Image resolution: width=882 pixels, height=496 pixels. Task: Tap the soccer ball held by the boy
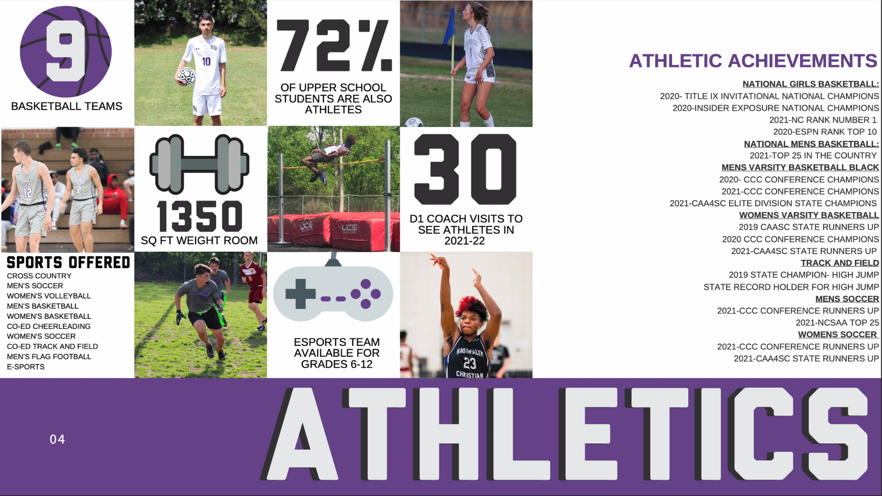[x=187, y=75]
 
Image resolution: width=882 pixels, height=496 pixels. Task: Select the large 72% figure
[x=334, y=45]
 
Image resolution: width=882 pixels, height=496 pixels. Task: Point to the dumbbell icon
[x=199, y=164]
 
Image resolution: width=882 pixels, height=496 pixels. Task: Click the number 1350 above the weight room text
[x=199, y=216]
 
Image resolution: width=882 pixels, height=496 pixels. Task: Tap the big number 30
[x=465, y=169]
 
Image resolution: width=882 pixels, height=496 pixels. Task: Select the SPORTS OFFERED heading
[x=68, y=263]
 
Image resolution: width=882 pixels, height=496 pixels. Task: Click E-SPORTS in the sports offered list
[x=26, y=366]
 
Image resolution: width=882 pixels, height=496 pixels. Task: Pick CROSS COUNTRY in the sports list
[x=39, y=276]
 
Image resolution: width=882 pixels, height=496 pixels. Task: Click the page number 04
[x=57, y=440]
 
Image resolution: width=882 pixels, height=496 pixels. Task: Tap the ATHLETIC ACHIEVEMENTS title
[x=753, y=61]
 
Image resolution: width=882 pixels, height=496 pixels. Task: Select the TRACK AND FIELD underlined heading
[x=840, y=263]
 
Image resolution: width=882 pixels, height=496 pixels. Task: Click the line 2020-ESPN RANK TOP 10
[x=825, y=132]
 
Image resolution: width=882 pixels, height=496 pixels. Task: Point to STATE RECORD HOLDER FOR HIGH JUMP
[x=791, y=287]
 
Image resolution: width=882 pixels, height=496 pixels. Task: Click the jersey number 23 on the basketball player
[x=469, y=363]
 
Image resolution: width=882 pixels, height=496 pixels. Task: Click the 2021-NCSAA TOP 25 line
[x=837, y=323]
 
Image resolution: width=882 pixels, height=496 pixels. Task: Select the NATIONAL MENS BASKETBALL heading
[x=811, y=144]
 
